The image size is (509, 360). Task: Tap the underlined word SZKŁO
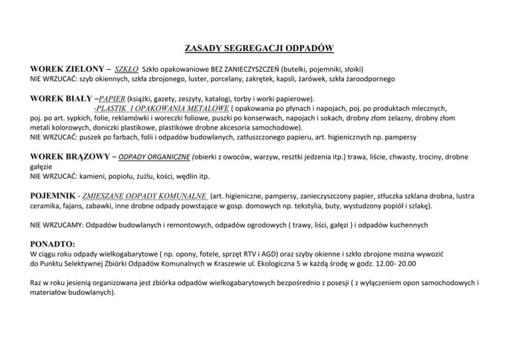tap(127, 69)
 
